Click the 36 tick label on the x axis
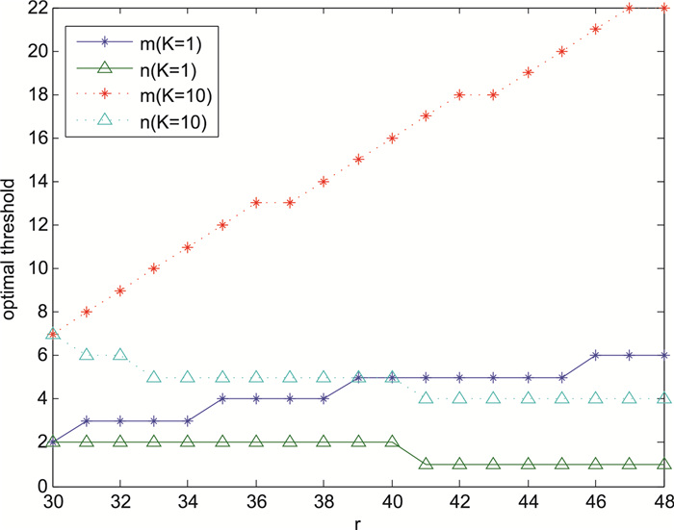[x=256, y=502]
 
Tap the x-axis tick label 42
[x=459, y=502]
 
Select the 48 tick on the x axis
[x=662, y=502]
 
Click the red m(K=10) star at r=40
[x=392, y=138]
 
